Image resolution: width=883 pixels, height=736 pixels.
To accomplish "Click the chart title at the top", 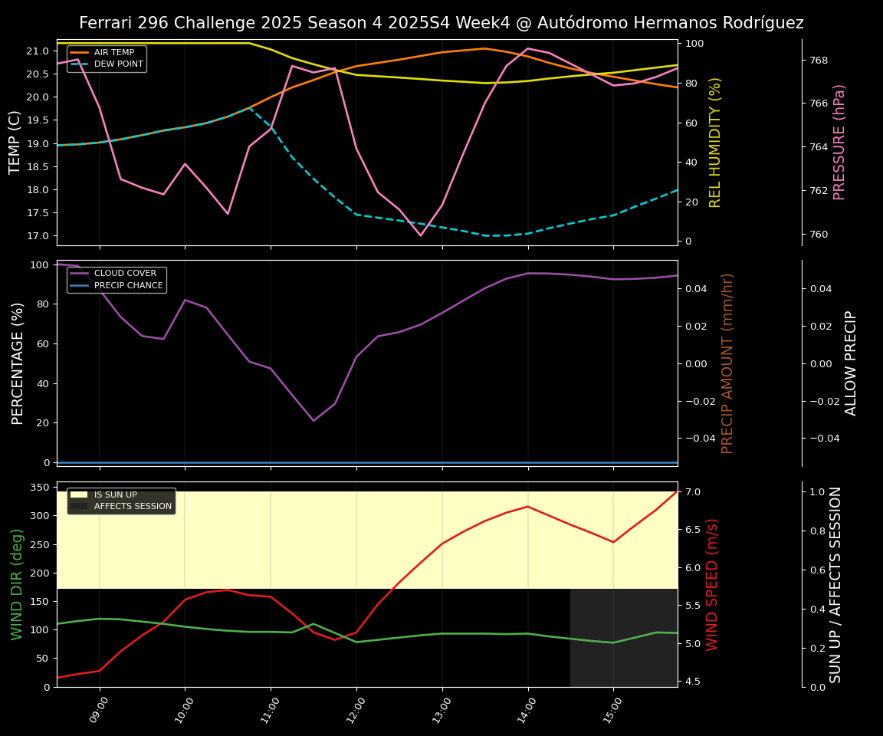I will (x=441, y=23).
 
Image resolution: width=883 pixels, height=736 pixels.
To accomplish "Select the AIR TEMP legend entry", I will (x=113, y=53).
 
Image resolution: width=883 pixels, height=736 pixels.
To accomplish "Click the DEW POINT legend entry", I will (x=118, y=64).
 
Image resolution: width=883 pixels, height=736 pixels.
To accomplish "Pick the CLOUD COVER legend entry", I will (x=124, y=274).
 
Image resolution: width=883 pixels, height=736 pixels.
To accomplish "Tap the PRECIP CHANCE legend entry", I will (x=128, y=286).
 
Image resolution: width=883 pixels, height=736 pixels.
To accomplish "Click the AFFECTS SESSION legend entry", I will (x=133, y=507).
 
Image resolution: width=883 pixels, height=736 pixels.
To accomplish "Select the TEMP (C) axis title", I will (x=15, y=143).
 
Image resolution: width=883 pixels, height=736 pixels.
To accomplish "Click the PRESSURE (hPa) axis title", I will (x=839, y=143).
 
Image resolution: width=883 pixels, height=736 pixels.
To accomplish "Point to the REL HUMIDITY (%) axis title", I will (x=715, y=143).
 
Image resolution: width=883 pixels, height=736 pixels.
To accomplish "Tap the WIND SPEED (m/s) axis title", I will (x=713, y=584).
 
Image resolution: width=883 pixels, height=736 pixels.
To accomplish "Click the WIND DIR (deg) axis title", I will (x=17, y=584).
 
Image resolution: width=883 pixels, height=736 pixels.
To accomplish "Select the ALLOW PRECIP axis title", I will (x=851, y=363).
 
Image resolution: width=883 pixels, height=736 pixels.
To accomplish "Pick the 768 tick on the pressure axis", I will (x=819, y=61).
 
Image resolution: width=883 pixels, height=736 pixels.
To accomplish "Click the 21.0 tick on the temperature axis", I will (x=38, y=51).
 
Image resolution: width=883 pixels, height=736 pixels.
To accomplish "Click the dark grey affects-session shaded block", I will (x=623, y=638).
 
